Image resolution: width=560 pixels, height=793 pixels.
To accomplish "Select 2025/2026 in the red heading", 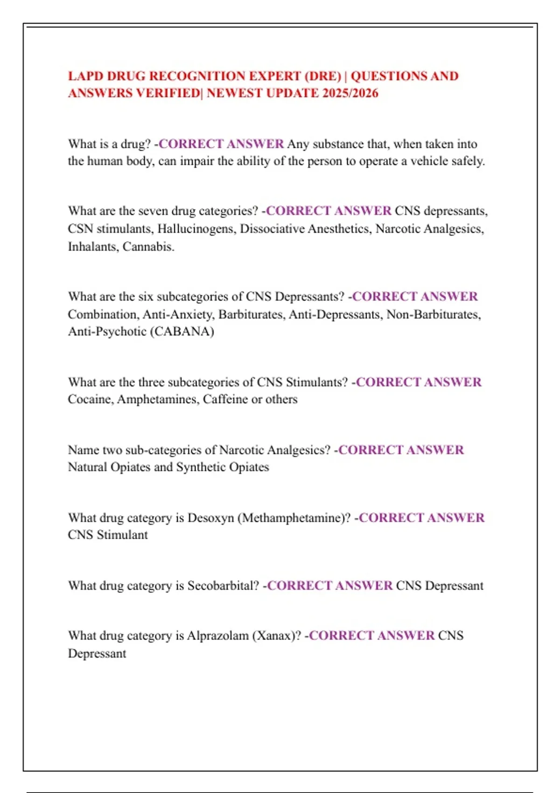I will (350, 93).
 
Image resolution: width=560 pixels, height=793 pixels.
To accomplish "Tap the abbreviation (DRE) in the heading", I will (322, 76).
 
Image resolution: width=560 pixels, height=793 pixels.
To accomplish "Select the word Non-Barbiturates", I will (433, 314).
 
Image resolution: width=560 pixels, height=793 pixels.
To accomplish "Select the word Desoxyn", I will (210, 518).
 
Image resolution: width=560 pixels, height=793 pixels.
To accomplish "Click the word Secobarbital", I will (223, 586).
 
